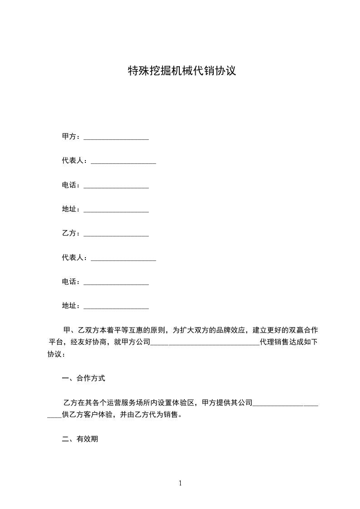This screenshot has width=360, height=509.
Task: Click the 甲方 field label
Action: (x=69, y=137)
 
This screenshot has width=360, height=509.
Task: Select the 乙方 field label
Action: (x=69, y=234)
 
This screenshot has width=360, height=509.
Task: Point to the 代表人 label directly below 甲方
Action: (x=73, y=161)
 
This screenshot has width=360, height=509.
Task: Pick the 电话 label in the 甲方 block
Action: (x=69, y=185)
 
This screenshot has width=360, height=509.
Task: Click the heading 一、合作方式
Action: (x=84, y=378)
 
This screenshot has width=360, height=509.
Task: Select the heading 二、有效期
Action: (x=80, y=439)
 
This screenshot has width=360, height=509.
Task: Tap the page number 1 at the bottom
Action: (x=180, y=483)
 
